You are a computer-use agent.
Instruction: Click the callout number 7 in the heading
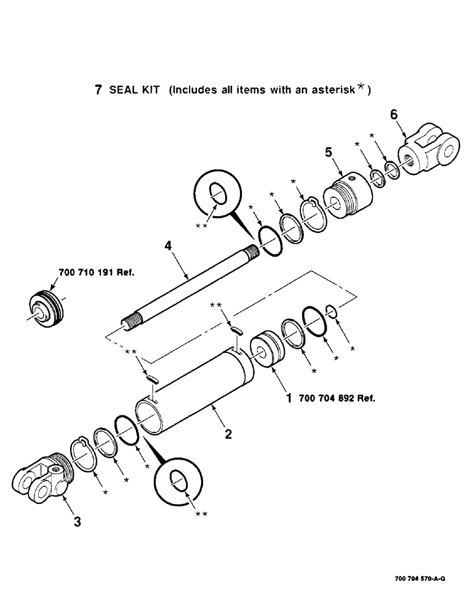(98, 90)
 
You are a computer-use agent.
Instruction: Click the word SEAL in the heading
(122, 90)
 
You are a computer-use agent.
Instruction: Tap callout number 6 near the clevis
(394, 115)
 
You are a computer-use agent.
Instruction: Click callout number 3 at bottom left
(77, 522)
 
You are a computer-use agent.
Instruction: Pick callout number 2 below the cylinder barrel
(228, 434)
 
